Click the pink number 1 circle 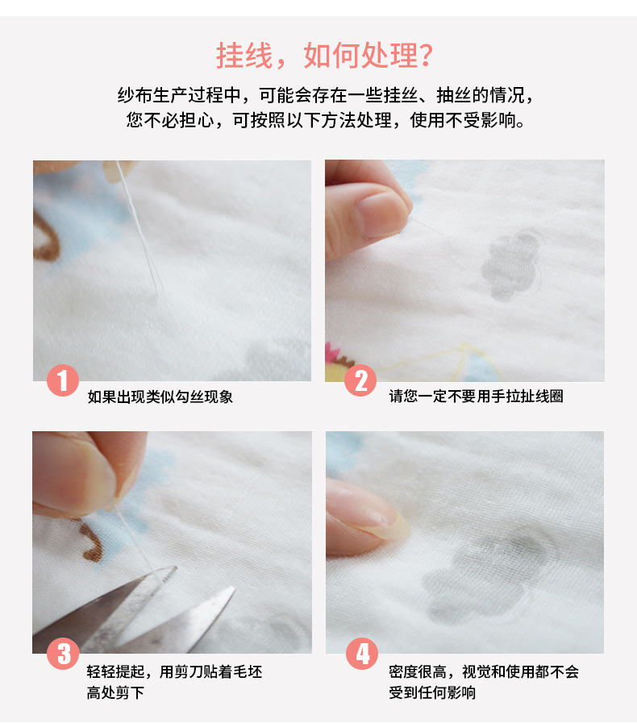click(62, 380)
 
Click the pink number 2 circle click(360, 380)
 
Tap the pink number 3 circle click(62, 653)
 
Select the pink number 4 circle click(361, 653)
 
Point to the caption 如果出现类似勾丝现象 click(160, 397)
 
